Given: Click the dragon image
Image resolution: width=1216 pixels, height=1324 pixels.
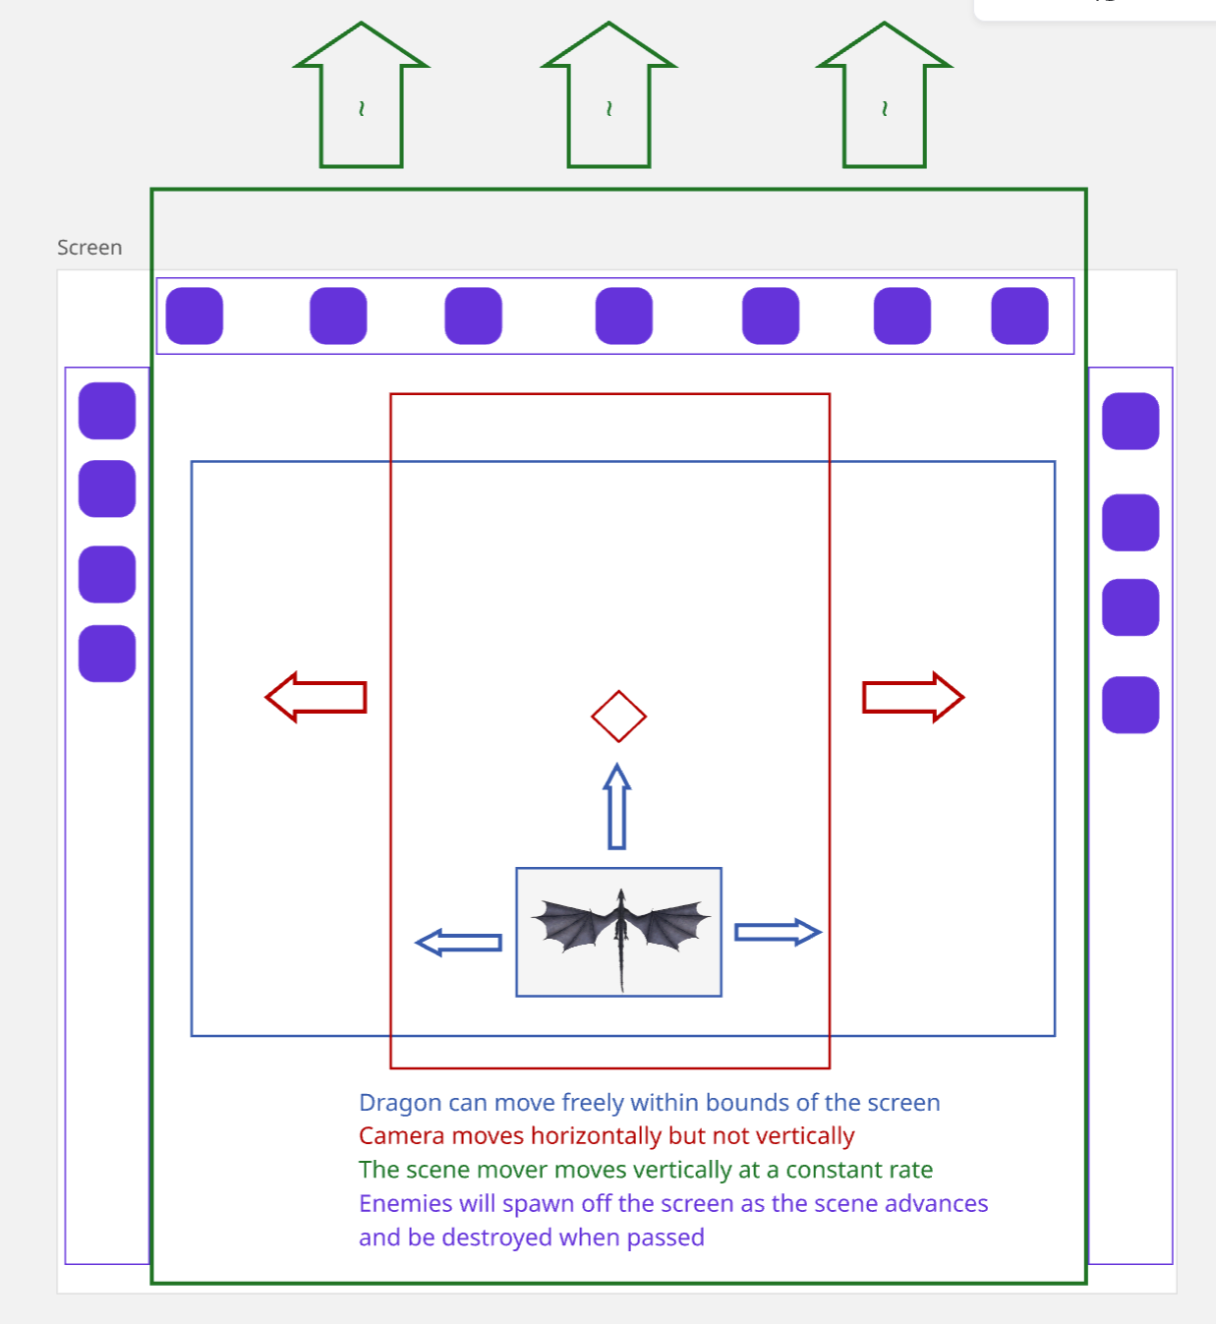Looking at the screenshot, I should click(x=619, y=932).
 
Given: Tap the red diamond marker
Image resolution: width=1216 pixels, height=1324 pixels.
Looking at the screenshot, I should click(x=618, y=717).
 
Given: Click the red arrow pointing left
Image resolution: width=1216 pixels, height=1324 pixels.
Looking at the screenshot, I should click(x=316, y=697).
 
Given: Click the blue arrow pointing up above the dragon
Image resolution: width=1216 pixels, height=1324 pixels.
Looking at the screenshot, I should click(x=616, y=807).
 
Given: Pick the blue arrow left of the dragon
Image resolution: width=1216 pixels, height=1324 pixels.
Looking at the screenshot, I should click(x=459, y=943).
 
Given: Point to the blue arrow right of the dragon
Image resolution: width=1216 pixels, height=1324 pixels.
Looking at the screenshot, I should click(x=778, y=932).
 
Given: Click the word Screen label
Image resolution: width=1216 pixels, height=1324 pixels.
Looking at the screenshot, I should click(x=89, y=248).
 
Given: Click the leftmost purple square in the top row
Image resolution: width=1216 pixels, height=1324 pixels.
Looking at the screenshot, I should click(x=195, y=316).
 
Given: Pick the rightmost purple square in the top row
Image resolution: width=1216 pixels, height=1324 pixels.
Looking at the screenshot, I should click(x=1019, y=316).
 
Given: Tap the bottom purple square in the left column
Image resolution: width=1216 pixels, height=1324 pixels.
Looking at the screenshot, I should click(x=107, y=654).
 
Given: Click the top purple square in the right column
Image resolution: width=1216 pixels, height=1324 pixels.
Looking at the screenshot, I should click(x=1130, y=422).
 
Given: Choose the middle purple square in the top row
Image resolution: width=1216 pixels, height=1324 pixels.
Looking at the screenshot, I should click(x=624, y=316).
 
